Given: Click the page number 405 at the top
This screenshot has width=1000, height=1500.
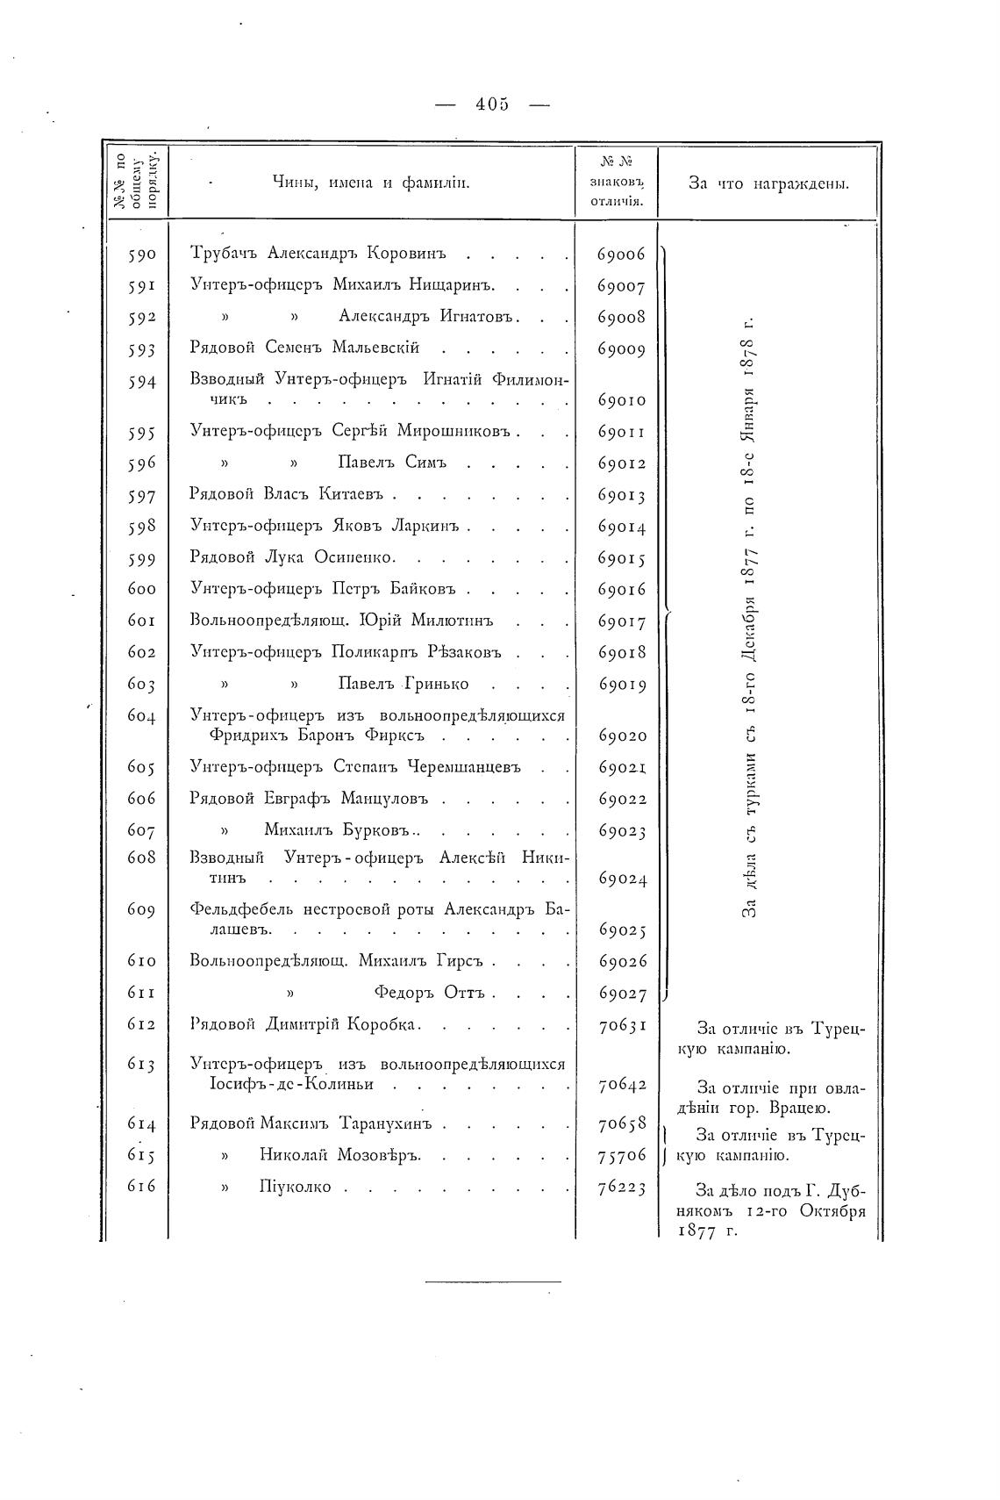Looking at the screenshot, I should tap(491, 104).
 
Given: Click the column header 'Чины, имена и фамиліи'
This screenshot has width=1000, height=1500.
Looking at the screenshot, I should tap(372, 183).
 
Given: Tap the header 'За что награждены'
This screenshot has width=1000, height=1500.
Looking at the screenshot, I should tap(768, 183).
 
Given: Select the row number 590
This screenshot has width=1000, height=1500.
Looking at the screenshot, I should tap(141, 255).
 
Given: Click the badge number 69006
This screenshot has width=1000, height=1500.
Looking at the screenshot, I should tap(621, 255).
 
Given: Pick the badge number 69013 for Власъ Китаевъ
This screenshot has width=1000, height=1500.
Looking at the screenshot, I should tap(621, 496).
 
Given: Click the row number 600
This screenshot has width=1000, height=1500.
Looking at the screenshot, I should tap(141, 590).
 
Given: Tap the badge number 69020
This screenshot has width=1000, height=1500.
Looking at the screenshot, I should tap(621, 736).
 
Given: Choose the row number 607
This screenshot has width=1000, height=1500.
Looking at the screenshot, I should tap(141, 830).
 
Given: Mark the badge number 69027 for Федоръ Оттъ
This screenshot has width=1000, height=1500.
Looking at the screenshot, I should tap(621, 994).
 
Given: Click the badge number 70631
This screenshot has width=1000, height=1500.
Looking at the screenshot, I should tap(621, 1025).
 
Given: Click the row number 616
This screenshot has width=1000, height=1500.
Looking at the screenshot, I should tap(141, 1187).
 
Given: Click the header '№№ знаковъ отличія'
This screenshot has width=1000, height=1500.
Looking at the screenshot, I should tap(617, 183).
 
